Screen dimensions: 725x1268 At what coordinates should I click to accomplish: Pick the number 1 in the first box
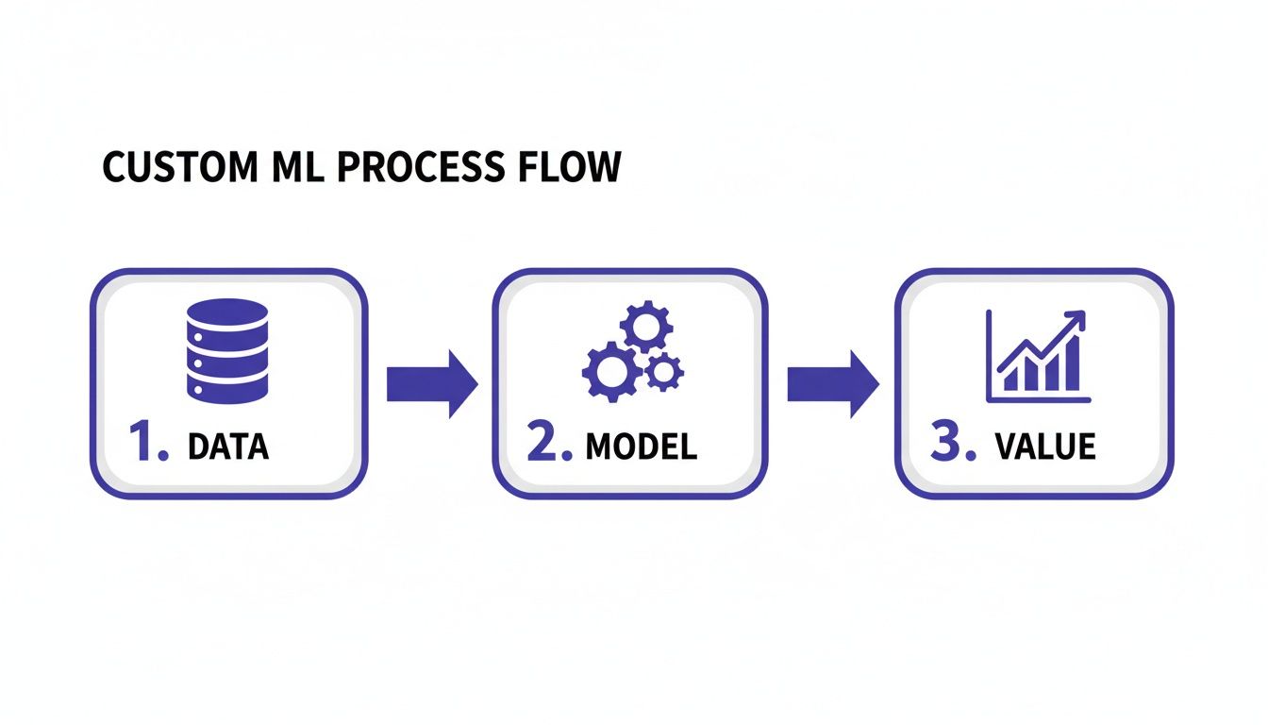coord(145,444)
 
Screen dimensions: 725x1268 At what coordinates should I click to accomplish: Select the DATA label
coord(228,447)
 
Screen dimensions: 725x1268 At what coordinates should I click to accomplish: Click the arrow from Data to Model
coord(432,383)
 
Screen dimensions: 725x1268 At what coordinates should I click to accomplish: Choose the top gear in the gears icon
coord(647,327)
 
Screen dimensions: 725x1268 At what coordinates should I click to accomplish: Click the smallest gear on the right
coord(664,372)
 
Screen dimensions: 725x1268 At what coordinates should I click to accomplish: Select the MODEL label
coord(642,447)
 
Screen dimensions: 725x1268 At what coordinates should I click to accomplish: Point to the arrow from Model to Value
coord(833,383)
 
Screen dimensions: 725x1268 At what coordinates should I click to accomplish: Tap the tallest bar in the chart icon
coord(1072,367)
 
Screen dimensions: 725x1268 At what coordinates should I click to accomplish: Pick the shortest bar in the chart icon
coord(1009,380)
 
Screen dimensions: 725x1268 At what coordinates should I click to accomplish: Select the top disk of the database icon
coord(227,312)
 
